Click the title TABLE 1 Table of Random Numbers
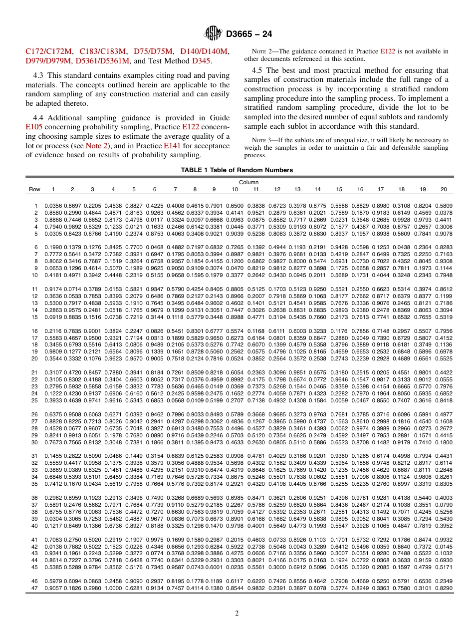coord(237,170)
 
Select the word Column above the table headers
coord(248,182)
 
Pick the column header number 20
coord(444,190)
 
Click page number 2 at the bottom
coord(237,614)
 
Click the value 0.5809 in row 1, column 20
coord(444,206)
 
